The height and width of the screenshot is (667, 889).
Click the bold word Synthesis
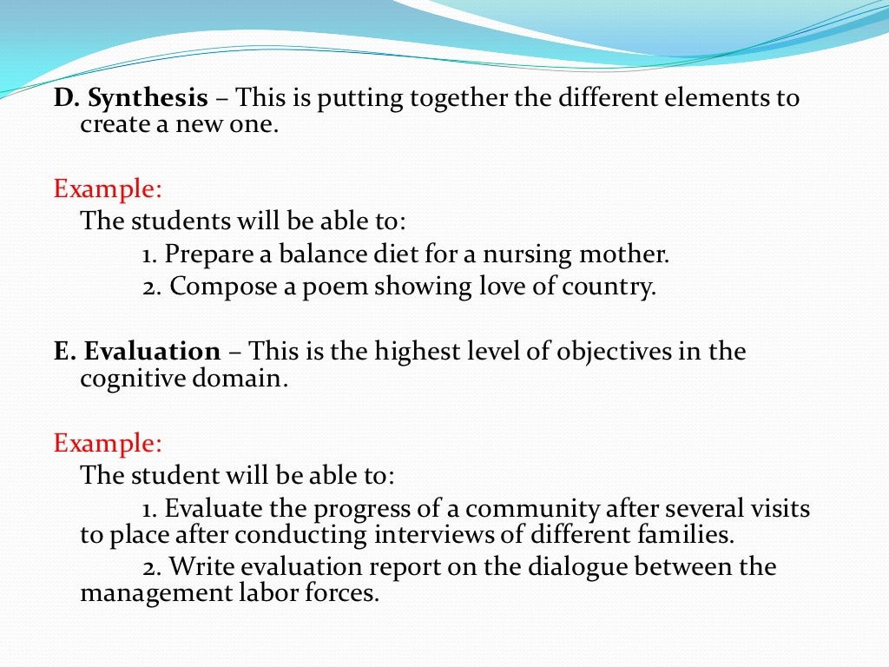[x=148, y=98]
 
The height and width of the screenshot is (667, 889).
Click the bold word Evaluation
[x=152, y=352]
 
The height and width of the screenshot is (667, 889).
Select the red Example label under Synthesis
[x=108, y=188]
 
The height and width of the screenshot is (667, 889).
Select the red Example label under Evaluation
[x=108, y=443]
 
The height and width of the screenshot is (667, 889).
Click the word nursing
[x=524, y=255]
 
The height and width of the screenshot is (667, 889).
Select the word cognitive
[x=131, y=379]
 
